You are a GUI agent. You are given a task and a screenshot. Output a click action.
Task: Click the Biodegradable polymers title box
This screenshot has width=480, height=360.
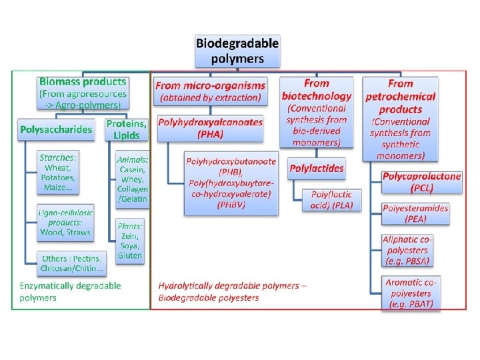[x=237, y=51]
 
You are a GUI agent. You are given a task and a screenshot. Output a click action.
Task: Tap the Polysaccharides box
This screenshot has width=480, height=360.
[x=56, y=129]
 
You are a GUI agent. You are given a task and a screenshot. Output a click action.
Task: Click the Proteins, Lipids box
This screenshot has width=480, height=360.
[x=126, y=129]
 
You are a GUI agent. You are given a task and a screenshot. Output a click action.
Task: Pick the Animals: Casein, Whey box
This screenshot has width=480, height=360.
[x=132, y=179]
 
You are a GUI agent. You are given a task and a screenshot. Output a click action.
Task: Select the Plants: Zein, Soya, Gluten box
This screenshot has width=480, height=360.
[x=130, y=241]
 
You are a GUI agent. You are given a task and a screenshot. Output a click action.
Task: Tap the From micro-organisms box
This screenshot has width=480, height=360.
[x=210, y=91]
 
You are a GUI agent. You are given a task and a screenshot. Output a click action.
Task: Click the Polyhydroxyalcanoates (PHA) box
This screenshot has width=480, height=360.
[x=211, y=128]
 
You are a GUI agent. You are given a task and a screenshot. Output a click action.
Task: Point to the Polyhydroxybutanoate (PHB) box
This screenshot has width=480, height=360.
[x=231, y=183]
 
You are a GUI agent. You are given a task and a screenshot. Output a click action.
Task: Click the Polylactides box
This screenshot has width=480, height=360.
[x=317, y=169]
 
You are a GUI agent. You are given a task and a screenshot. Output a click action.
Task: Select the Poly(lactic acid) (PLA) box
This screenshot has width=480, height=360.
[x=331, y=199]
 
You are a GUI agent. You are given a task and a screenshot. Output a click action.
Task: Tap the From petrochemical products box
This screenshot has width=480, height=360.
[x=400, y=119]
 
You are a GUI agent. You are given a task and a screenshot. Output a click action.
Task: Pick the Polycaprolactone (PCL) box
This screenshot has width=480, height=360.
[x=421, y=182]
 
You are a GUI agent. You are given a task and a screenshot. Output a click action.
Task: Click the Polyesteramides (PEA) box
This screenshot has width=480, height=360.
[x=415, y=213]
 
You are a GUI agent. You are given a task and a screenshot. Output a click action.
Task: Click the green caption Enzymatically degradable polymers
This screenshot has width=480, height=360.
[x=71, y=291]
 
